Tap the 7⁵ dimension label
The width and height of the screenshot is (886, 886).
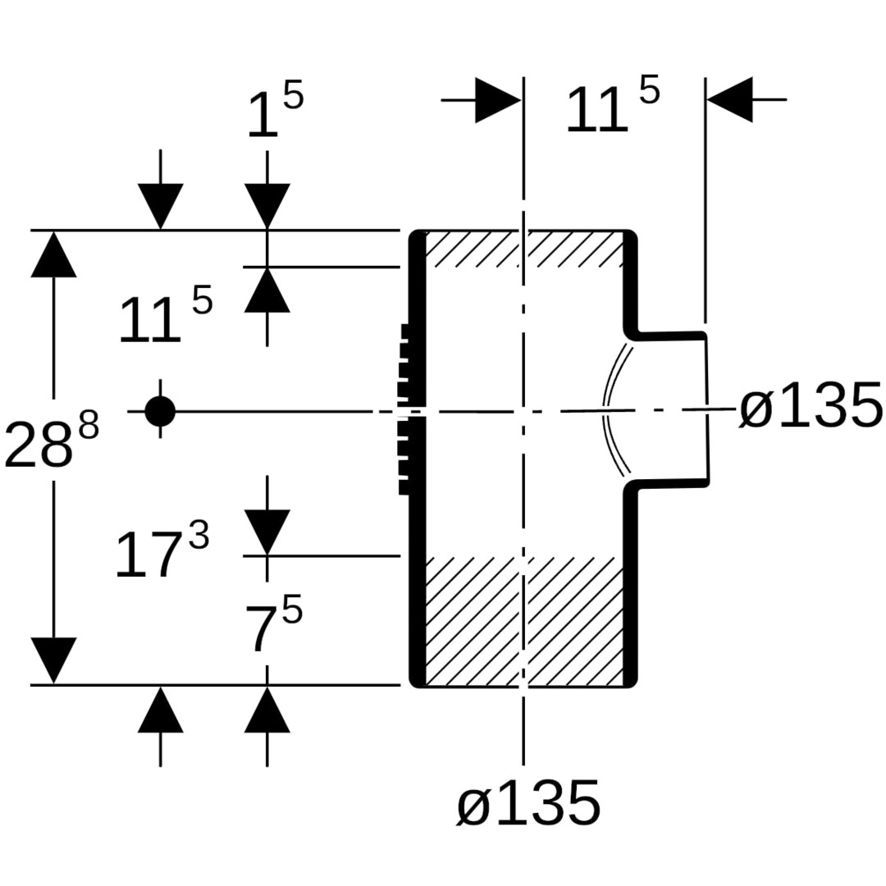(273, 628)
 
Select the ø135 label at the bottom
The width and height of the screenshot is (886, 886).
(528, 803)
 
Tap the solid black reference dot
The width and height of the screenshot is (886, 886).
(160, 411)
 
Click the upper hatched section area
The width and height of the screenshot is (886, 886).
(525, 249)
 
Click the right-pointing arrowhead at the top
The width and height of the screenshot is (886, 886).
(497, 100)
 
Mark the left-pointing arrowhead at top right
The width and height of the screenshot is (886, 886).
(729, 100)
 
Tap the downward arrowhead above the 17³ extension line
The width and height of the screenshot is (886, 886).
(267, 532)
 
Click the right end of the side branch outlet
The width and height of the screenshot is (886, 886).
(706, 409)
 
